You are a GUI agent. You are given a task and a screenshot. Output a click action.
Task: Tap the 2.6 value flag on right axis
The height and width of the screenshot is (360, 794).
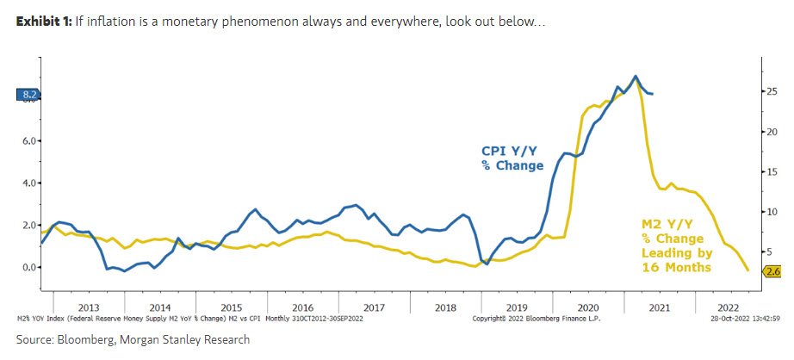[772, 272]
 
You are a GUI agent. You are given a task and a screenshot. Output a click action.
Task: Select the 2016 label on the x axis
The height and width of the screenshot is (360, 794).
[302, 307]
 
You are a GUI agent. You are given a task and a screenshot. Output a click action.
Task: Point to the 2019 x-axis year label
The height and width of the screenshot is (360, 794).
[515, 307]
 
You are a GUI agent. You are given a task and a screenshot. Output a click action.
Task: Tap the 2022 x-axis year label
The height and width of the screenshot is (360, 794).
[729, 307]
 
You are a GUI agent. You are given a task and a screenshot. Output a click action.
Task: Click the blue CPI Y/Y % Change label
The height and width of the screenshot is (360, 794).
[512, 157]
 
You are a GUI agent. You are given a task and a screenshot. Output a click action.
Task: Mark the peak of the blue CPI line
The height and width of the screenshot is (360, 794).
[636, 76]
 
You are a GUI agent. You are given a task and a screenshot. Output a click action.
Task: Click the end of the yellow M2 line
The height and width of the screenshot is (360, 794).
[747, 270]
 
